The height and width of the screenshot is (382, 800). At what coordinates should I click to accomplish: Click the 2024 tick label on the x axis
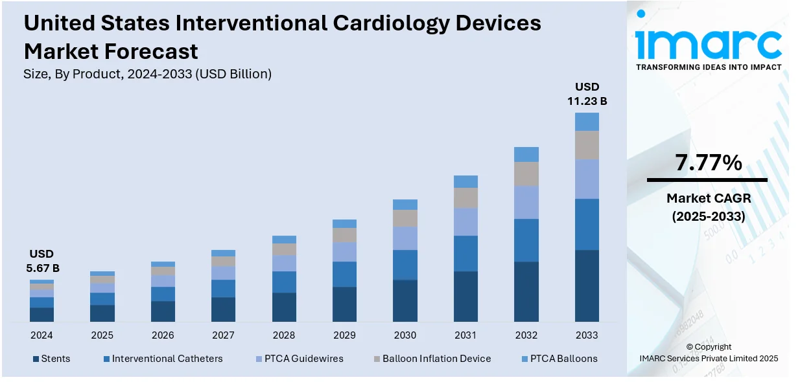pos(41,335)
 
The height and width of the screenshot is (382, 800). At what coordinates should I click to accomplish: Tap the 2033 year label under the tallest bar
pos(587,335)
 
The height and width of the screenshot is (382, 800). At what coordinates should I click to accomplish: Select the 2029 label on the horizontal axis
pos(344,335)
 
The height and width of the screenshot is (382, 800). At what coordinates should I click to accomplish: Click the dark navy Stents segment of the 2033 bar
pos(587,286)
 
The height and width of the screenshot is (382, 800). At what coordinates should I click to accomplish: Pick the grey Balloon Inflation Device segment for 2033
pos(587,145)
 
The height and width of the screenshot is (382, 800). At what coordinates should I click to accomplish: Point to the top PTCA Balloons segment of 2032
pos(526,154)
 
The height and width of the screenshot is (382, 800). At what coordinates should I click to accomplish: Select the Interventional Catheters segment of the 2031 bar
pos(465,253)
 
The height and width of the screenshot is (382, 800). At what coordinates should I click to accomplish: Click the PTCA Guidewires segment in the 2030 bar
pos(405,238)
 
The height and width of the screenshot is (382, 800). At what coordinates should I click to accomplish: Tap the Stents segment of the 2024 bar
pos(41,315)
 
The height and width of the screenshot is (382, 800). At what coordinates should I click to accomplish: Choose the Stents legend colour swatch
pos(36,359)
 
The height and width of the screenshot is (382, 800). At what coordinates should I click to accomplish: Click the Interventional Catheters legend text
pos(167,359)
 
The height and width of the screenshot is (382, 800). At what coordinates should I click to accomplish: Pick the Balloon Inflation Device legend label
pos(436,359)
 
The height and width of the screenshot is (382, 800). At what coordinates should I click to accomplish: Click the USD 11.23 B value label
pos(587,94)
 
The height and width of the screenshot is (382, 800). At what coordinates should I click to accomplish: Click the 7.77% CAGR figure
pos(708,163)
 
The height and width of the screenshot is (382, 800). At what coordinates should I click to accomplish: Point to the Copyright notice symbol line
pos(708,347)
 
